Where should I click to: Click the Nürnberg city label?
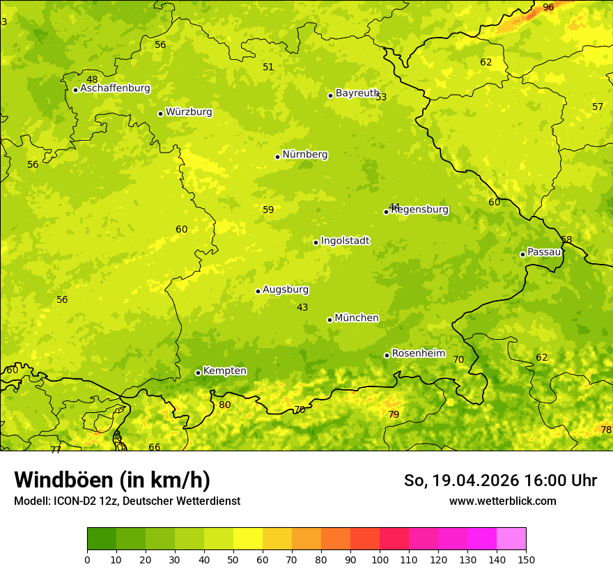[x=305, y=155]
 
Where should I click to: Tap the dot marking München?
[x=330, y=320]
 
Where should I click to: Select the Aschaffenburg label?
[x=115, y=88]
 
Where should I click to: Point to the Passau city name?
[x=544, y=252]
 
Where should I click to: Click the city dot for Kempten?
[x=199, y=373]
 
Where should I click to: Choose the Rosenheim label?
[x=418, y=354]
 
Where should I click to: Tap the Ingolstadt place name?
[x=345, y=241]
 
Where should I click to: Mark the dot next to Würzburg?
[x=161, y=114]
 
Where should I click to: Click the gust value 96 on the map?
[x=548, y=7]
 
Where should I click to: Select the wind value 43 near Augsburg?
[x=302, y=307]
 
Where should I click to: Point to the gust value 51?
[x=268, y=67]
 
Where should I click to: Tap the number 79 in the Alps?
[x=394, y=414]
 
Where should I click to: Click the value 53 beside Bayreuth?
[x=381, y=97]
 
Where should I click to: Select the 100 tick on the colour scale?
[x=380, y=559]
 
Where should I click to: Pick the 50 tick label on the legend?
[x=233, y=559]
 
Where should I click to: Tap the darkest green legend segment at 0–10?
[x=102, y=539]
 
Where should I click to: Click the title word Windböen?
[x=63, y=480]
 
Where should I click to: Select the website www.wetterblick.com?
[x=502, y=501]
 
